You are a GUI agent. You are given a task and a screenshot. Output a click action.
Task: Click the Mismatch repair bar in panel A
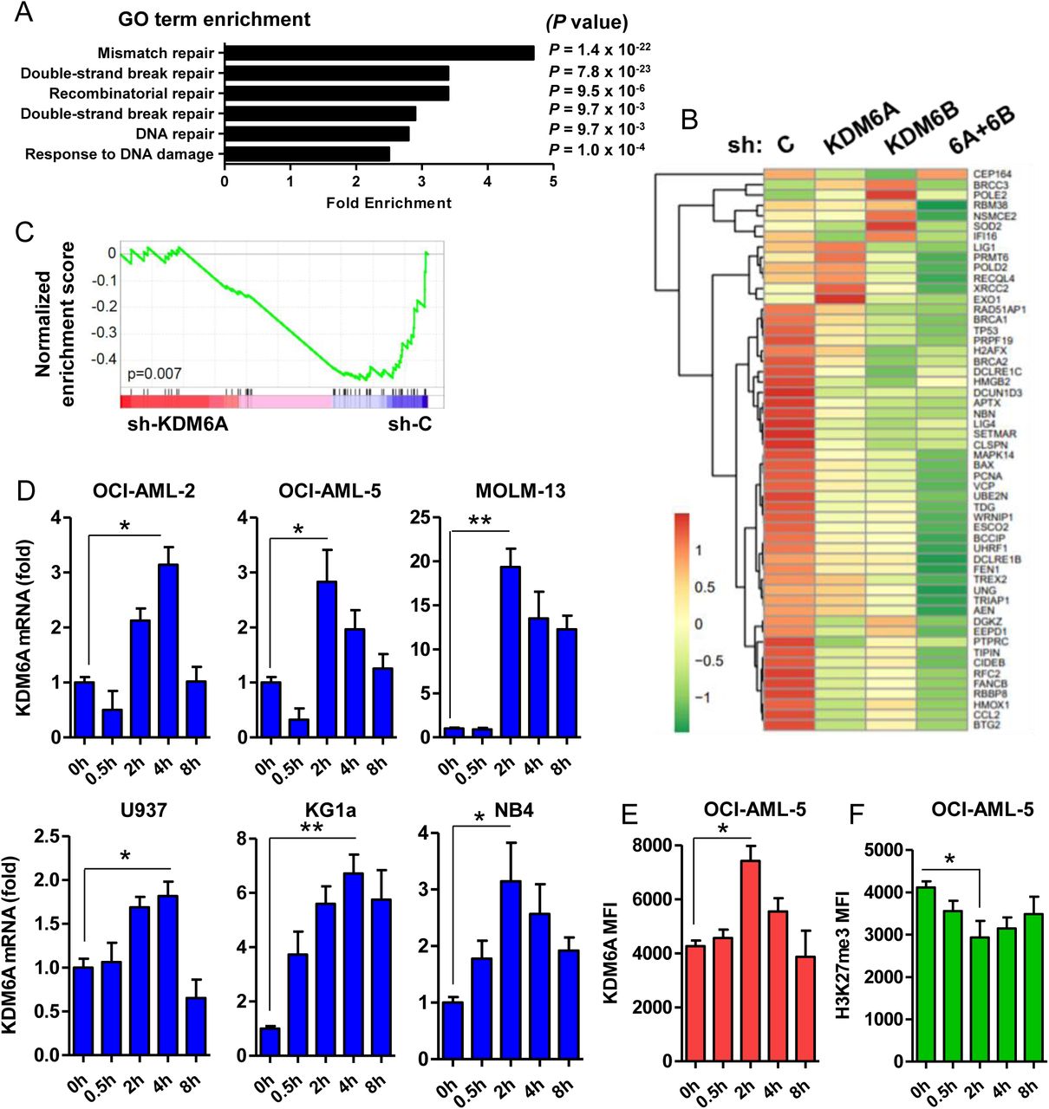(x=380, y=53)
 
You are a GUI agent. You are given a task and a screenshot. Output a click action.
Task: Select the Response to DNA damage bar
(x=308, y=154)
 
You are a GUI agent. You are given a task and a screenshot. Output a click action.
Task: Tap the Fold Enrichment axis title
(x=388, y=203)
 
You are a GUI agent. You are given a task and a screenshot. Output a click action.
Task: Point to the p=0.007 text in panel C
(x=154, y=374)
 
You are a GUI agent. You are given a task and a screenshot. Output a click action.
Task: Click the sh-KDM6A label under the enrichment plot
(x=178, y=424)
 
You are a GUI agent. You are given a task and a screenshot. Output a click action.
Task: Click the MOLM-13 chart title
(x=520, y=491)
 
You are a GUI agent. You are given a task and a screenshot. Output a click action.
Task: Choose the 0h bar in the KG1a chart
(x=270, y=1041)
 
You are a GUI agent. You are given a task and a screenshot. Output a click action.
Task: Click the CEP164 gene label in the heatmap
(x=992, y=174)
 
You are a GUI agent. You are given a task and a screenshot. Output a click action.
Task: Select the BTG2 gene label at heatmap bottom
(x=987, y=725)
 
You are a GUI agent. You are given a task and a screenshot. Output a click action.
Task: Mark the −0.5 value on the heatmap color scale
(x=709, y=661)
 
